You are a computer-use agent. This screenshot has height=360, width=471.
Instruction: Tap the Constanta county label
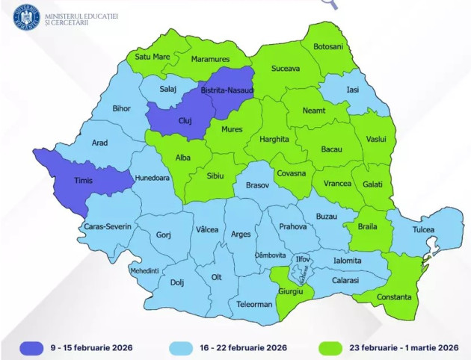point(393,297)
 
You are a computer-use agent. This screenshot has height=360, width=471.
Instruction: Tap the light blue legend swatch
point(167,347)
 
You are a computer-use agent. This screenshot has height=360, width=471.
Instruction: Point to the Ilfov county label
point(303,258)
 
